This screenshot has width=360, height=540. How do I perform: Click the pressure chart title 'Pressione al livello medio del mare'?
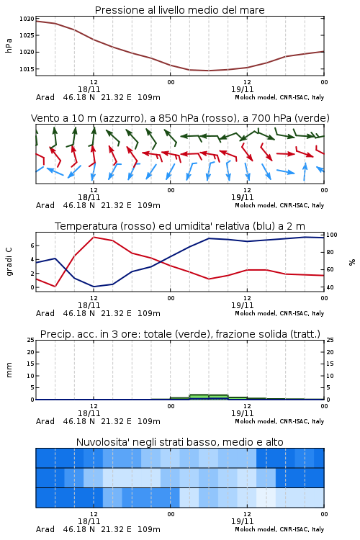[180, 10]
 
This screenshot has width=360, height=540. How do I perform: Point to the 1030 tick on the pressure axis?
[27, 19]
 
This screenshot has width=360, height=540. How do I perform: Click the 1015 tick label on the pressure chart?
[27, 69]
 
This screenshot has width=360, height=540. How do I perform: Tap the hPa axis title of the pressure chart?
[9, 45]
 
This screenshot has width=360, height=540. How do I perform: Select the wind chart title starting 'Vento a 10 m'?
[180, 118]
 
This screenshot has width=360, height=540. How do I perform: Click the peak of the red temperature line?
[94, 237]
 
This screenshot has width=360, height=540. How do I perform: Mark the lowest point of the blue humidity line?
[94, 287]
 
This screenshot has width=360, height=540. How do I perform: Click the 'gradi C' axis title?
[9, 262]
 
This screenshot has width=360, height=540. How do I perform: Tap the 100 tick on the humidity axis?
[332, 235]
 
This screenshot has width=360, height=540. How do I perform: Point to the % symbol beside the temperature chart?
[352, 262]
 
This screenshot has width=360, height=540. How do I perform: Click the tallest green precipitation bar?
[199, 397]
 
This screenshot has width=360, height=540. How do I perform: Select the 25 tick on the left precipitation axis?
[31, 340]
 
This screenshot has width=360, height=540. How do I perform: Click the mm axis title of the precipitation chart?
[9, 370]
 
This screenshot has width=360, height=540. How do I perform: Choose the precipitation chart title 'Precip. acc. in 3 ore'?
[180, 334]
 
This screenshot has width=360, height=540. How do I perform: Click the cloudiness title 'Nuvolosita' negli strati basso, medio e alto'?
[180, 442]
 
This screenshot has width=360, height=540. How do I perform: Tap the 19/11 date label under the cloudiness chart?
[242, 521]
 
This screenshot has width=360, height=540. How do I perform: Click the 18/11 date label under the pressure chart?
[89, 89]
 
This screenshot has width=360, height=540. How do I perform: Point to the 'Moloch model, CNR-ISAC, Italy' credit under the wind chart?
[279, 205]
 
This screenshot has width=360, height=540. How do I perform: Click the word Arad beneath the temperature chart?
[45, 313]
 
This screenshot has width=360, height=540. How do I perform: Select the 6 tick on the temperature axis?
[32, 246]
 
